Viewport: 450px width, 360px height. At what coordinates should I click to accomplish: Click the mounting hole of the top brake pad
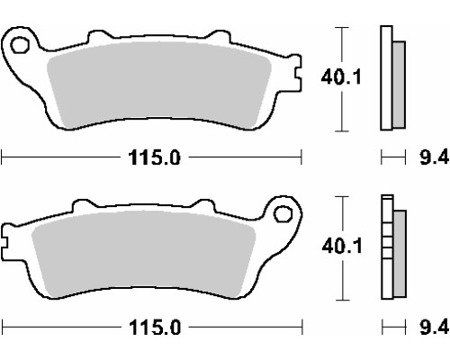[x=20, y=45]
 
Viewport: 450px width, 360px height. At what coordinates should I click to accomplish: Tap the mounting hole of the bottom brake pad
[x=283, y=214]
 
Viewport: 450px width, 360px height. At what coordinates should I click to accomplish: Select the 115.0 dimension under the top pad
[x=155, y=157]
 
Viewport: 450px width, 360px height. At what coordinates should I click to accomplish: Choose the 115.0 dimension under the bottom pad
[x=155, y=328]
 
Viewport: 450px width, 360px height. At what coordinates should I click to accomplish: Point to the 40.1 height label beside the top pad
[x=341, y=77]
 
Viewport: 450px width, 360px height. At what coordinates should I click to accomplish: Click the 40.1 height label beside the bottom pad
[x=342, y=246]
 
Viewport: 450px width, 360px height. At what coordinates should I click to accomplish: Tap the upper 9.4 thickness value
[x=434, y=157]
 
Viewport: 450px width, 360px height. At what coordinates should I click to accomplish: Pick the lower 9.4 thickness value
[x=434, y=328]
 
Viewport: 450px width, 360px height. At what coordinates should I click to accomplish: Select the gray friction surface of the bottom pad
[x=143, y=255]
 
